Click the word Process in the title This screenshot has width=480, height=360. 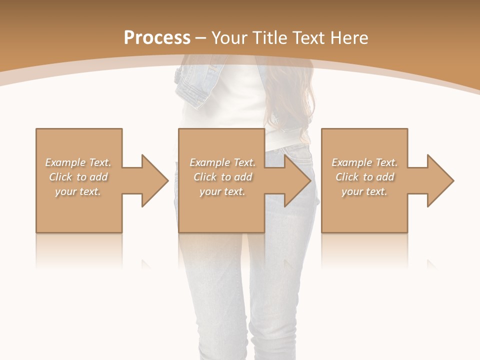pos(157,38)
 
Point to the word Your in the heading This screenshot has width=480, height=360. pos(230,38)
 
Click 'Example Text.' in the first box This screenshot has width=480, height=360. pos(78,162)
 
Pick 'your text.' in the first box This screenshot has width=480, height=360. pos(78,191)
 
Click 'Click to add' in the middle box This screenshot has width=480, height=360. pos(222,177)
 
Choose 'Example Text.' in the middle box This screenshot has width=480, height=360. pos(222,162)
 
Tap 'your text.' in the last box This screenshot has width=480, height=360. pos(364,191)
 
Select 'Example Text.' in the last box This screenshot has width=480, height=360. pos(364,162)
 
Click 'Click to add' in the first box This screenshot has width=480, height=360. pos(78,177)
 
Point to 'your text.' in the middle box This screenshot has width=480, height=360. pos(222,191)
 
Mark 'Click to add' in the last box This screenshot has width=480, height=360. pos(364,177)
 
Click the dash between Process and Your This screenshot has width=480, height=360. pos(201,38)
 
